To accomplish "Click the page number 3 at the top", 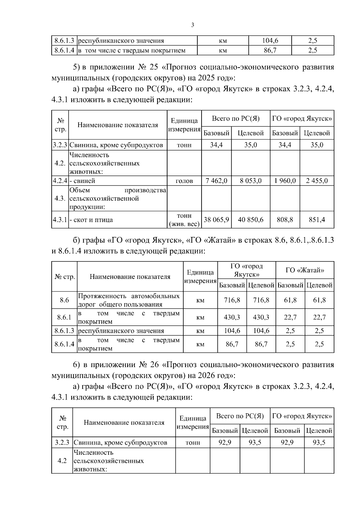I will point(193,25).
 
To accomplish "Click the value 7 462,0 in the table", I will point(216,181).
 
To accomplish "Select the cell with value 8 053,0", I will point(250,181).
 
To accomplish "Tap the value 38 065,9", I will point(216,220).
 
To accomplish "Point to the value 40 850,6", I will point(250,220).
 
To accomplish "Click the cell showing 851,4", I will point(317,220).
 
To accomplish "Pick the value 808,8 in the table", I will point(285,220).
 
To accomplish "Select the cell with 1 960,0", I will point(285,181).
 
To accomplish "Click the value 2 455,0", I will point(317,181).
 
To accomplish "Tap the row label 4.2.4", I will point(60,181).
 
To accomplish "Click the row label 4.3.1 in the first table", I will point(60,220).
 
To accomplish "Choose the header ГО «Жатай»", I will point(305,270).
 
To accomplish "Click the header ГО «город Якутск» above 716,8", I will point(247,270).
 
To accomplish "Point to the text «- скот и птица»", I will point(91,220).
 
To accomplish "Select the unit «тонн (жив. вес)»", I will point(184,220).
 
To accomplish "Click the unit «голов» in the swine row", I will point(184,181).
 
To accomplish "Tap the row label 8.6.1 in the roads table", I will point(64,317).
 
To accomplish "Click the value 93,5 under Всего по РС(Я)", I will point(255,442).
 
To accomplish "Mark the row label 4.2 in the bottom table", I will point(62,460).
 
